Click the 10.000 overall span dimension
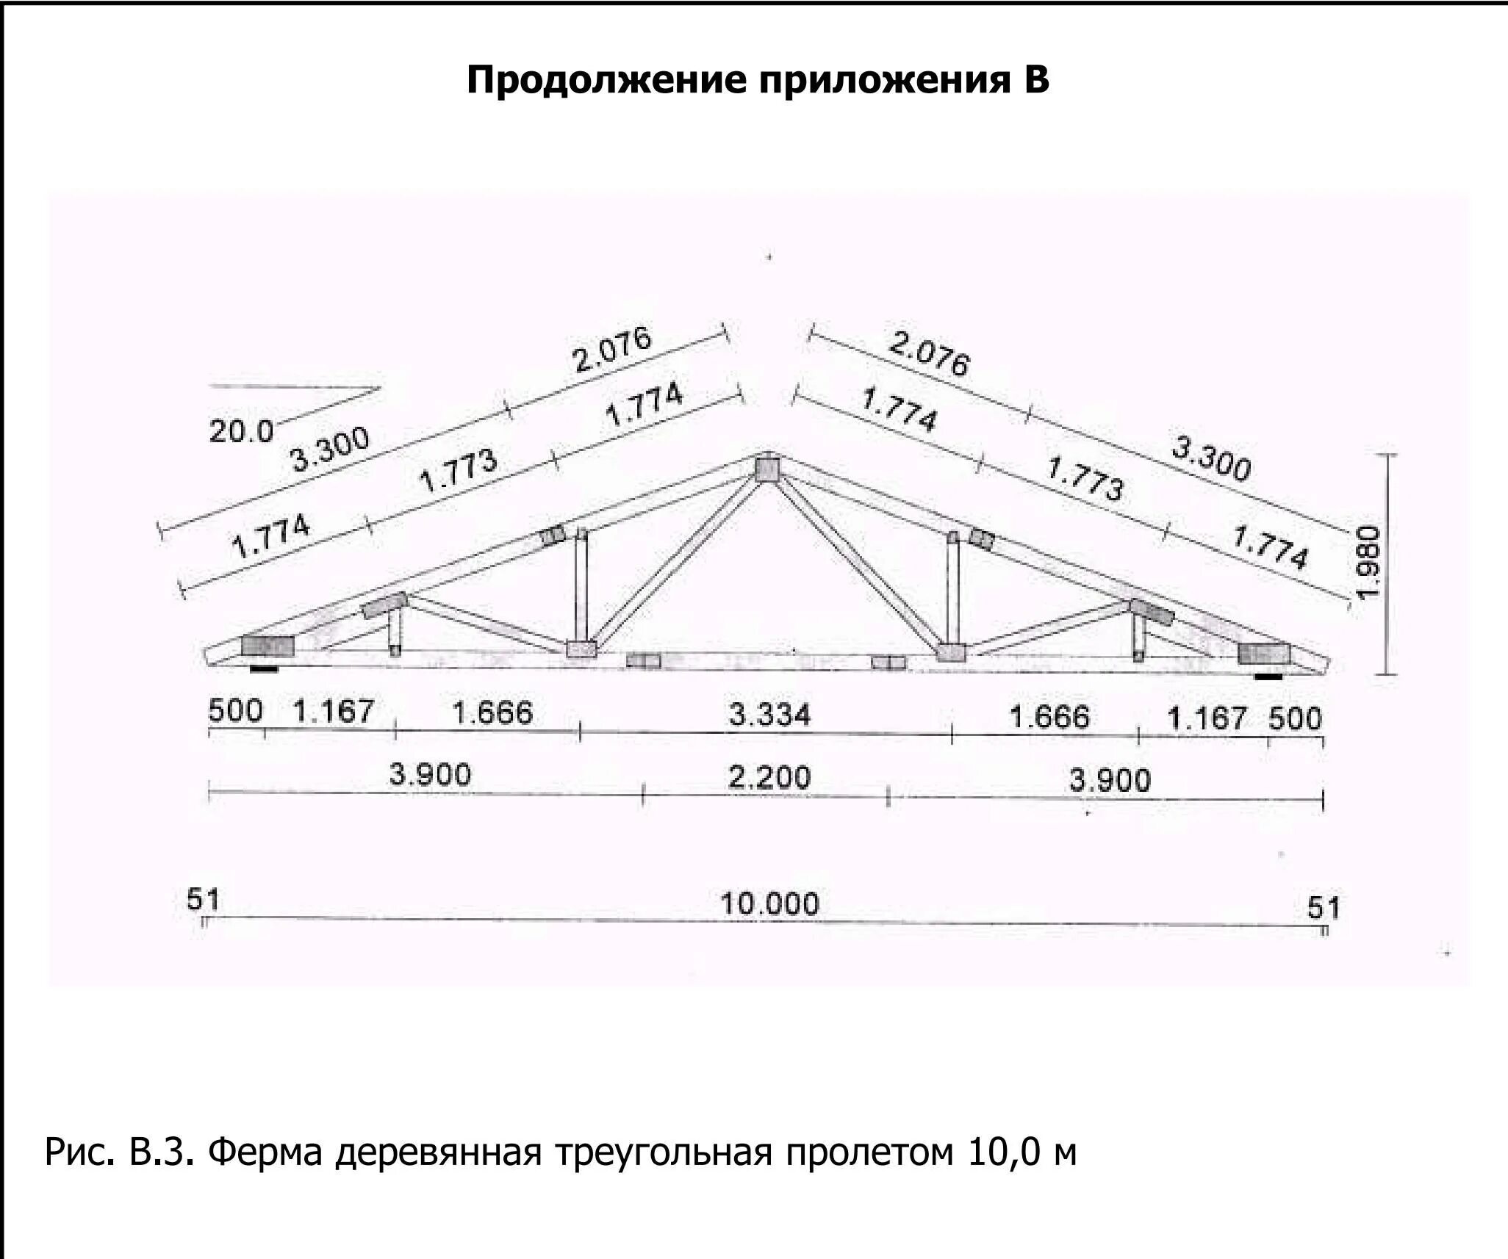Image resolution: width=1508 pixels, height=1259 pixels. click(769, 903)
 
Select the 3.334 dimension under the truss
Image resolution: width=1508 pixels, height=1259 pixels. click(769, 714)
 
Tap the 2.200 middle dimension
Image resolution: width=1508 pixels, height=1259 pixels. click(769, 777)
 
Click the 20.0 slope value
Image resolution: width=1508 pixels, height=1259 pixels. click(240, 431)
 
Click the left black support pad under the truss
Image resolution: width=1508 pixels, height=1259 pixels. click(264, 668)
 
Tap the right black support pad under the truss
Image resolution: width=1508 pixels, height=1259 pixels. click(1268, 675)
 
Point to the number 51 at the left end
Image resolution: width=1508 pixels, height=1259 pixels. click(202, 899)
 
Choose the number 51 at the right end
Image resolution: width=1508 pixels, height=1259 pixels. click(1324, 908)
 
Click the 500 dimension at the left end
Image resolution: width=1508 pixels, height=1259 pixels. click(235, 711)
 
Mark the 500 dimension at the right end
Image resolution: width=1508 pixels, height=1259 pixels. click(1295, 718)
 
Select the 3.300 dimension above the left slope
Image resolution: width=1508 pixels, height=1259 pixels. click(330, 450)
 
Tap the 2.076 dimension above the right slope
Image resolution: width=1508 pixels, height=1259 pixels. click(929, 353)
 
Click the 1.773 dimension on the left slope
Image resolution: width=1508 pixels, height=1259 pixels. click(458, 471)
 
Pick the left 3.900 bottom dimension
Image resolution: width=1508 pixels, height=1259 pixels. click(430, 774)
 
